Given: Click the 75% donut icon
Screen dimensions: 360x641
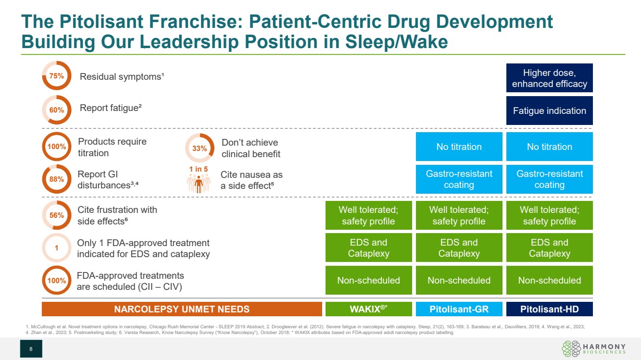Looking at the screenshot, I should [x=56, y=76].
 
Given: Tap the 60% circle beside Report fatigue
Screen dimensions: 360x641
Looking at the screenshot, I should [x=56, y=110].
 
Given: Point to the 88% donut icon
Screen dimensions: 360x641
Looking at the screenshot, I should [x=56, y=179].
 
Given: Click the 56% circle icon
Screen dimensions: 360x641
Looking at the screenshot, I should [x=56, y=215].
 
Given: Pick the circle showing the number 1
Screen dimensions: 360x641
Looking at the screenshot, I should [x=56, y=248].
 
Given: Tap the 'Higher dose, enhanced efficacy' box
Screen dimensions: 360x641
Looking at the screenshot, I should [x=549, y=78].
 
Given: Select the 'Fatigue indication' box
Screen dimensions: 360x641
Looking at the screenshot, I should [x=549, y=111].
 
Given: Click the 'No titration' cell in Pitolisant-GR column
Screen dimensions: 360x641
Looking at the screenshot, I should [x=459, y=147].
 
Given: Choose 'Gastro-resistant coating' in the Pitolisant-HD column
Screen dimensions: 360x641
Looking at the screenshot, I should [x=549, y=179].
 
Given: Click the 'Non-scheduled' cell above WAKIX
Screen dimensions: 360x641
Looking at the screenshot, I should [x=368, y=280].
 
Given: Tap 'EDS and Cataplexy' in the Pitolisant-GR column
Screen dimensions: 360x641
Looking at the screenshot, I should [x=459, y=248].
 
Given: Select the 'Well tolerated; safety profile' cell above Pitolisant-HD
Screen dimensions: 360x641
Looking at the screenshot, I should [x=549, y=215].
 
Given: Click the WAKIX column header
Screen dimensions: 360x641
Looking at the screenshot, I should [x=368, y=309].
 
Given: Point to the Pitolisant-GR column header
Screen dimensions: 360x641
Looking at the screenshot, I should [x=459, y=309].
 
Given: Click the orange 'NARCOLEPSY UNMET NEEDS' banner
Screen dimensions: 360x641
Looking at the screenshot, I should [x=182, y=309].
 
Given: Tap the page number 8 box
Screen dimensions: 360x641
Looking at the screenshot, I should [x=31, y=348].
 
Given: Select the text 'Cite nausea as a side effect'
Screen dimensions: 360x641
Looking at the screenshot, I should [x=251, y=179].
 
